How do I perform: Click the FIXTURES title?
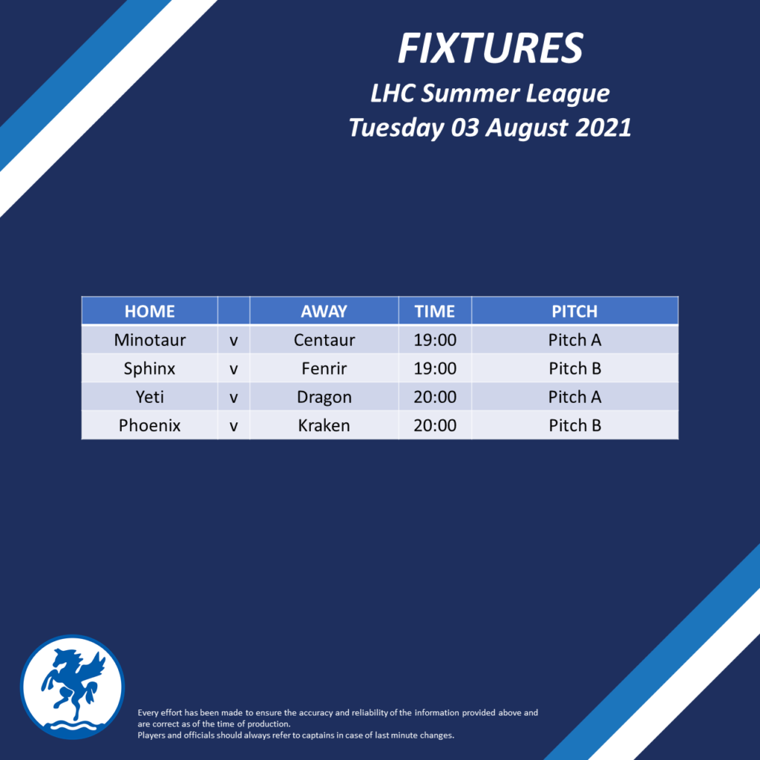click(x=490, y=48)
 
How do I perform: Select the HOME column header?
click(x=150, y=311)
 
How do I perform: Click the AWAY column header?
click(x=324, y=311)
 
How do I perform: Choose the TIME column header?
click(x=435, y=311)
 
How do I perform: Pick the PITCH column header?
click(x=574, y=311)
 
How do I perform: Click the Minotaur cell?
click(x=150, y=340)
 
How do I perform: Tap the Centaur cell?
click(x=324, y=340)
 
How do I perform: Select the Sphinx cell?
click(x=149, y=369)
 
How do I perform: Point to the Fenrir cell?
click(x=324, y=368)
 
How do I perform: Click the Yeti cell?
click(x=150, y=397)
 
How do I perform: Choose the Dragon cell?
click(x=324, y=398)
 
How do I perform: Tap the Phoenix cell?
click(x=150, y=425)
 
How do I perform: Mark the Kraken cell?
click(x=324, y=425)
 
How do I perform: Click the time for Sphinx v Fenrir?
click(x=435, y=368)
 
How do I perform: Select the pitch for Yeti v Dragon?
click(x=574, y=397)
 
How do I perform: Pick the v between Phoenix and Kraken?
click(x=234, y=427)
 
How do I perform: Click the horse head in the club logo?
click(x=66, y=659)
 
